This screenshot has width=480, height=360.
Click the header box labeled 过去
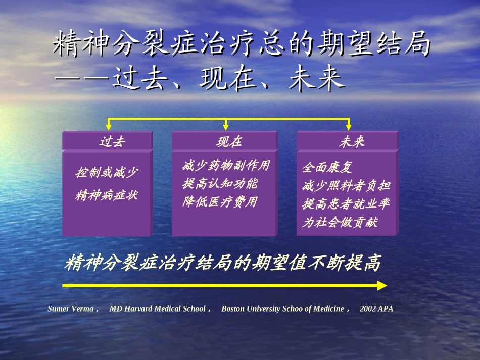pyautogui.click(x=107, y=141)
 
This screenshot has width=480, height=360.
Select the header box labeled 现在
pyautogui.click(x=225, y=141)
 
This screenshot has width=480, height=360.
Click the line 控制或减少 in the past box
pyautogui.click(x=107, y=173)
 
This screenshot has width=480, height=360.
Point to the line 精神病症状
pyautogui.click(x=107, y=195)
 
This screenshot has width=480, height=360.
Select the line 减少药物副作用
pyautogui.click(x=226, y=165)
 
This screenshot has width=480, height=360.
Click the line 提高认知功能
pyautogui.click(x=220, y=183)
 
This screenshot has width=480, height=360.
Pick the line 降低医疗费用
pyautogui.click(x=220, y=202)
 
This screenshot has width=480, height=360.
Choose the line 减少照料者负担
pyautogui.click(x=346, y=185)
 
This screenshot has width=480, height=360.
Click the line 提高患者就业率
pyautogui.click(x=346, y=203)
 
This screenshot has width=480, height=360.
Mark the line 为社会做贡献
pyautogui.click(x=340, y=222)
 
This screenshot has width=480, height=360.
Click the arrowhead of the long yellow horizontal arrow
pyautogui.click(x=382, y=285)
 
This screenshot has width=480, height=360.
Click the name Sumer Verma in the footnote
pyautogui.click(x=70, y=308)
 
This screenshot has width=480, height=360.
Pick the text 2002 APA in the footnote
pyautogui.click(x=376, y=308)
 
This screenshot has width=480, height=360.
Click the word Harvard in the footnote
pyautogui.click(x=138, y=308)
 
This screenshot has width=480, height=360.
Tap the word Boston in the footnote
pyautogui.click(x=233, y=308)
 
